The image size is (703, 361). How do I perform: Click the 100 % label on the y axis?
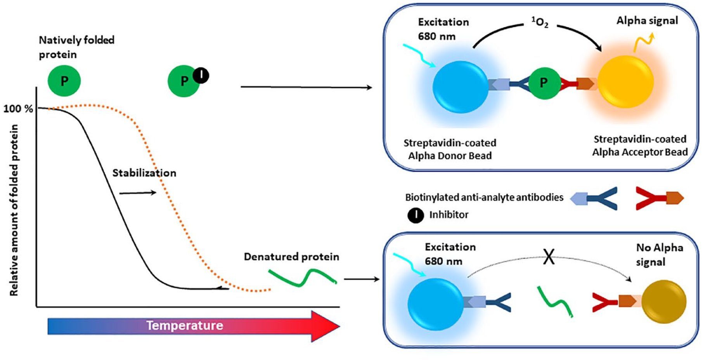pyautogui.click(x=18, y=109)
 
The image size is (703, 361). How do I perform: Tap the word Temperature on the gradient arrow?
pyautogui.click(x=185, y=325)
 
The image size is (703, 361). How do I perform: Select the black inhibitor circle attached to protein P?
pyautogui.click(x=201, y=75)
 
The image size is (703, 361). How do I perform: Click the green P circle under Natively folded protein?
pyautogui.click(x=64, y=81)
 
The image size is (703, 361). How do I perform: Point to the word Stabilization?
pyautogui.click(x=144, y=173)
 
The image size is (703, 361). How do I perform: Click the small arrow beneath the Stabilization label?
pyautogui.click(x=138, y=193)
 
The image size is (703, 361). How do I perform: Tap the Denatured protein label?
pyautogui.click(x=291, y=257)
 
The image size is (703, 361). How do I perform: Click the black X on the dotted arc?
pyautogui.click(x=549, y=257)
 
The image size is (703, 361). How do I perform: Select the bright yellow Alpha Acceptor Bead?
pyautogui.click(x=625, y=82)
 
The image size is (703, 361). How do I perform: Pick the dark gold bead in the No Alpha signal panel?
pyautogui.click(x=664, y=302)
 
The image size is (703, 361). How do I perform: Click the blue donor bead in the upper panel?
pyautogui.click(x=461, y=87)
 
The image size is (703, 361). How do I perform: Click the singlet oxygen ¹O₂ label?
pyautogui.click(x=540, y=22)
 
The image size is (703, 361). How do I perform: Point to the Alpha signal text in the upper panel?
pyautogui.click(x=647, y=21)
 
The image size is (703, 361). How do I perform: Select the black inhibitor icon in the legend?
pyautogui.click(x=416, y=215)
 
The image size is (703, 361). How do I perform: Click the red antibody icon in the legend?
pyautogui.click(x=659, y=198)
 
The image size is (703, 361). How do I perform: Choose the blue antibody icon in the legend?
pyautogui.click(x=594, y=198)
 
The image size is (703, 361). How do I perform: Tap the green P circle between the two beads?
pyautogui.click(x=544, y=83)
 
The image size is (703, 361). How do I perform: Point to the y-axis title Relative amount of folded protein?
pyautogui.click(x=14, y=210)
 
